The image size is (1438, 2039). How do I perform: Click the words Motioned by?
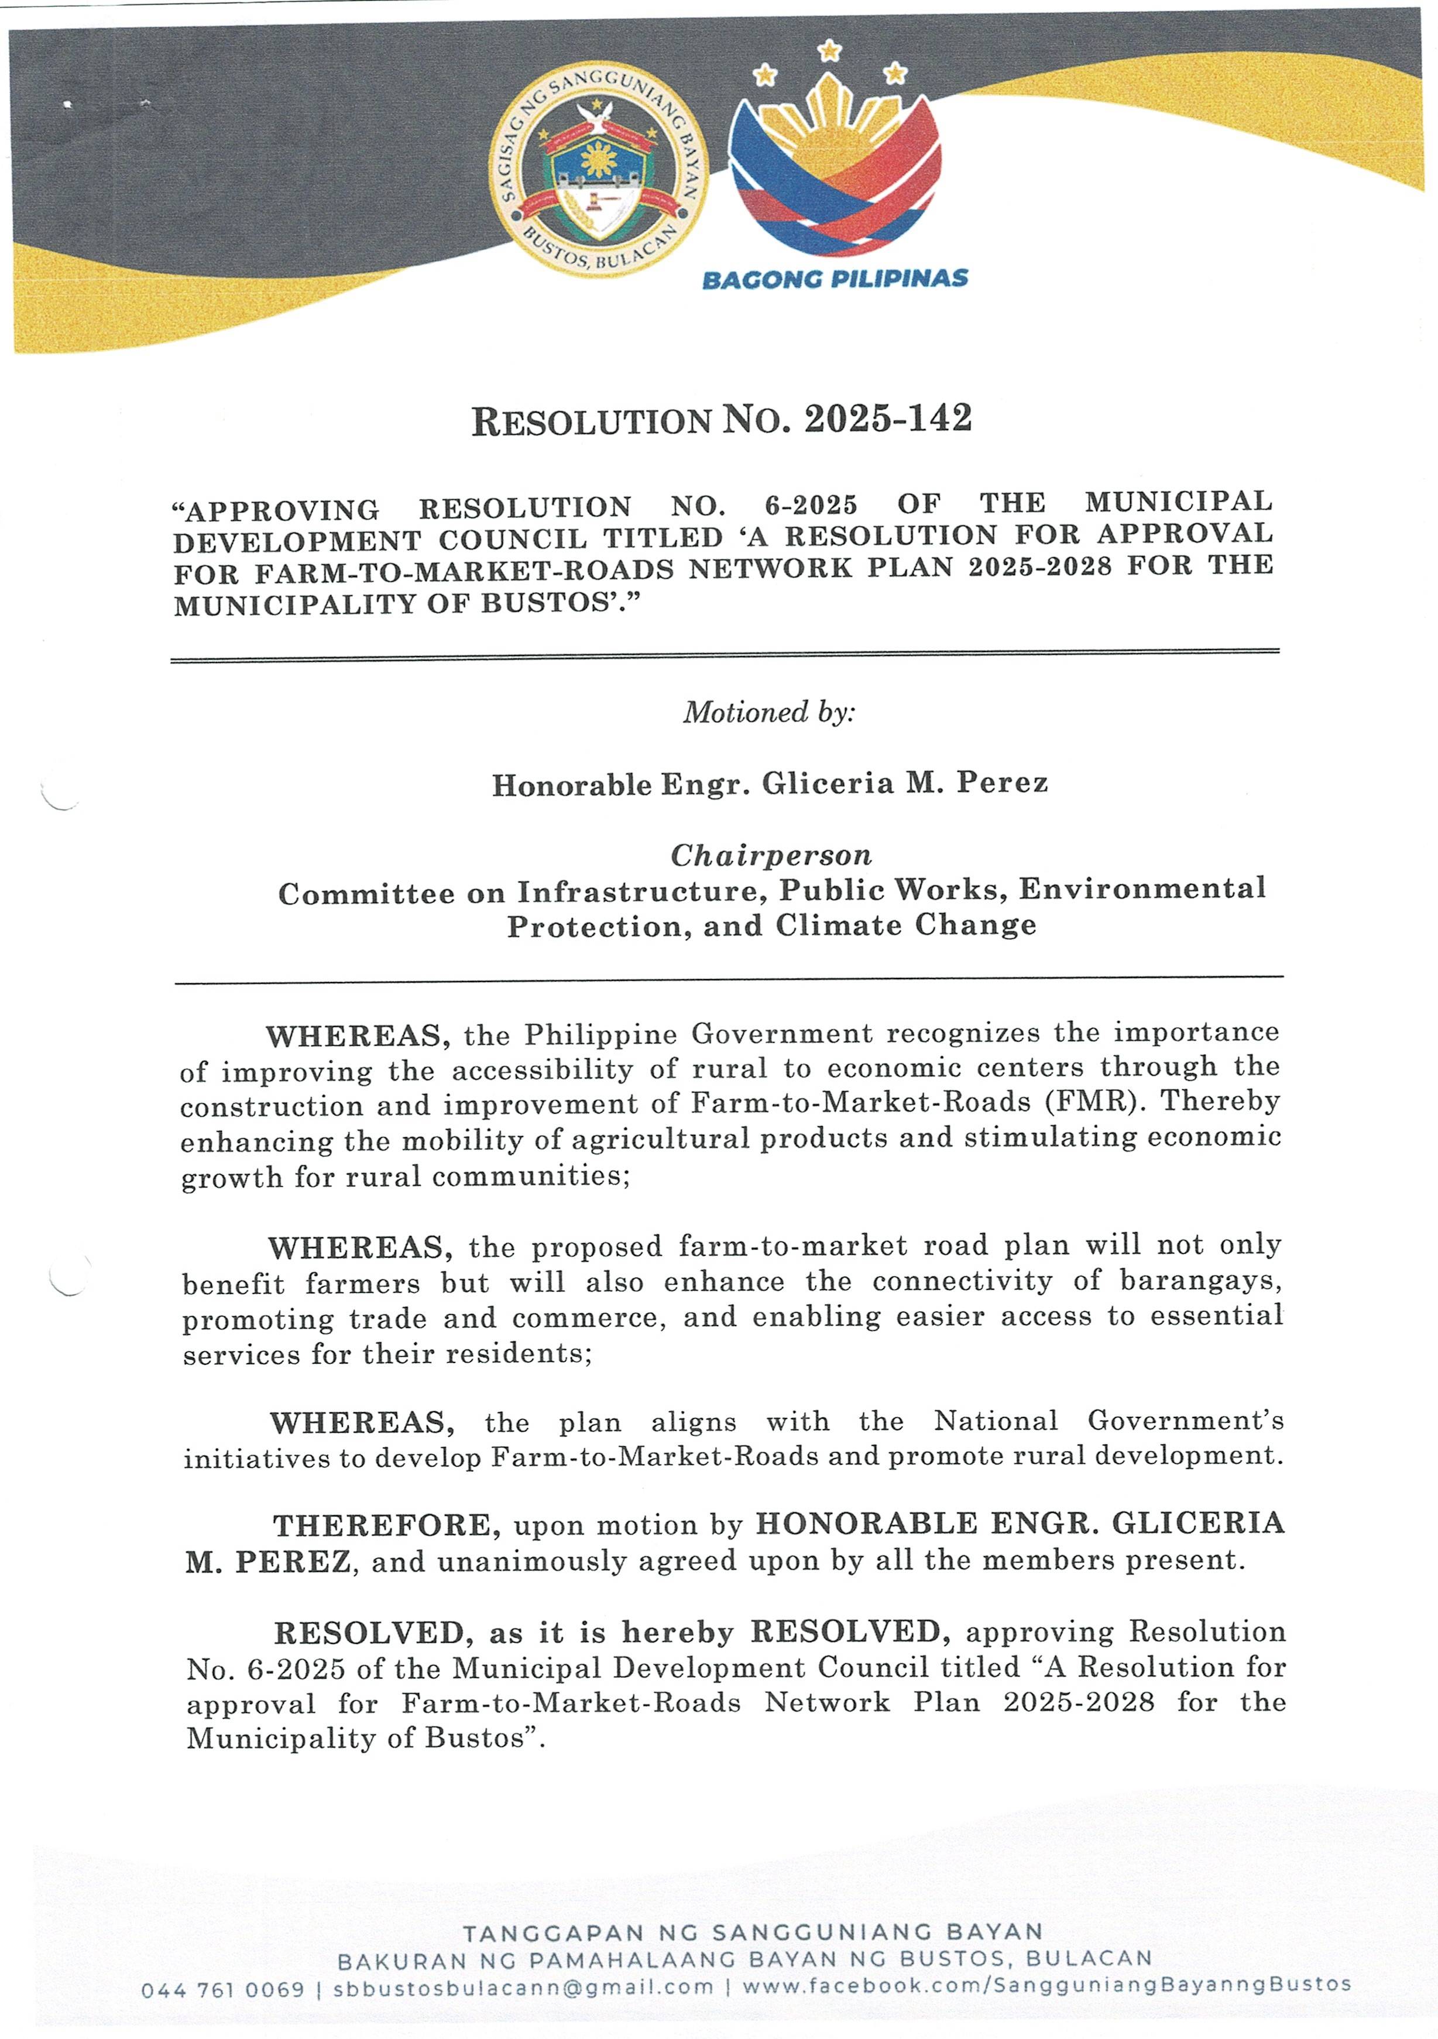point(768,712)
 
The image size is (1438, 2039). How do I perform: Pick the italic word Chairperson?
point(771,855)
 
